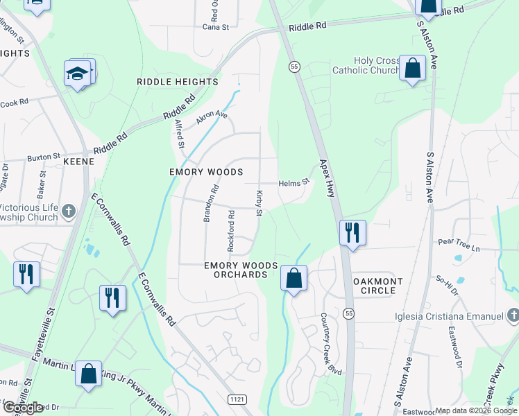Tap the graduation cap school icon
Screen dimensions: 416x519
pyautogui.click(x=78, y=73)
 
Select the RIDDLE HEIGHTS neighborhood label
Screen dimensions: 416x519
pyautogui.click(x=178, y=82)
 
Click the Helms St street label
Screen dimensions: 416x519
pyautogui.click(x=293, y=183)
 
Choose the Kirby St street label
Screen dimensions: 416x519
pyautogui.click(x=259, y=203)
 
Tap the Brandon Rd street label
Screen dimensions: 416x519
pyautogui.click(x=210, y=203)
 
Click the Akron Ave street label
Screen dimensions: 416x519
pyautogui.click(x=212, y=116)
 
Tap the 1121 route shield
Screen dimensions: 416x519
pyautogui.click(x=237, y=399)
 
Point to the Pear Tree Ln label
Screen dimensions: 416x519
pyautogui.click(x=459, y=242)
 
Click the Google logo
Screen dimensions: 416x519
pyautogui.click(x=23, y=408)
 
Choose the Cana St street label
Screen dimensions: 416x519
pyautogui.click(x=210, y=27)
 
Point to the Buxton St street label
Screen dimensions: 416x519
pyautogui.click(x=44, y=157)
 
